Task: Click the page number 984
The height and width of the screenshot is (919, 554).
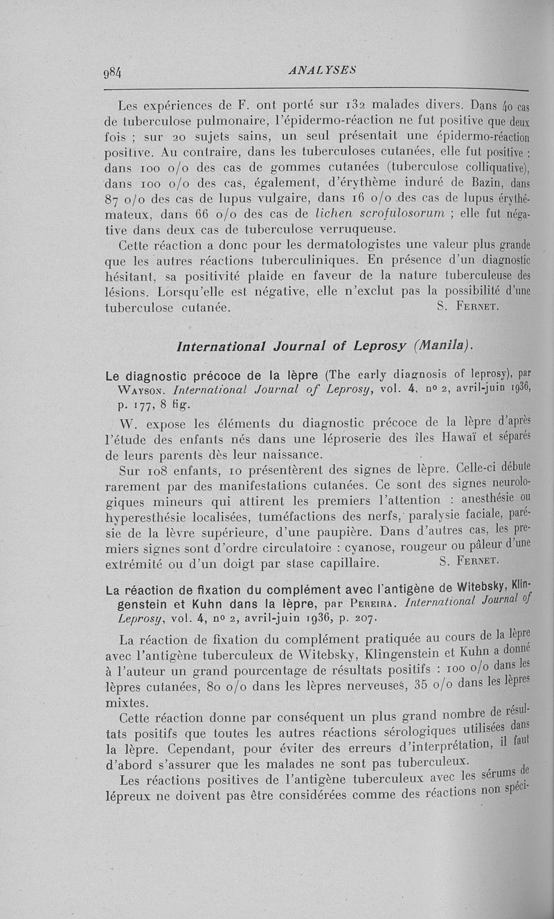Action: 111,72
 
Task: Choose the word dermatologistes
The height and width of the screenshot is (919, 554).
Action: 360,247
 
